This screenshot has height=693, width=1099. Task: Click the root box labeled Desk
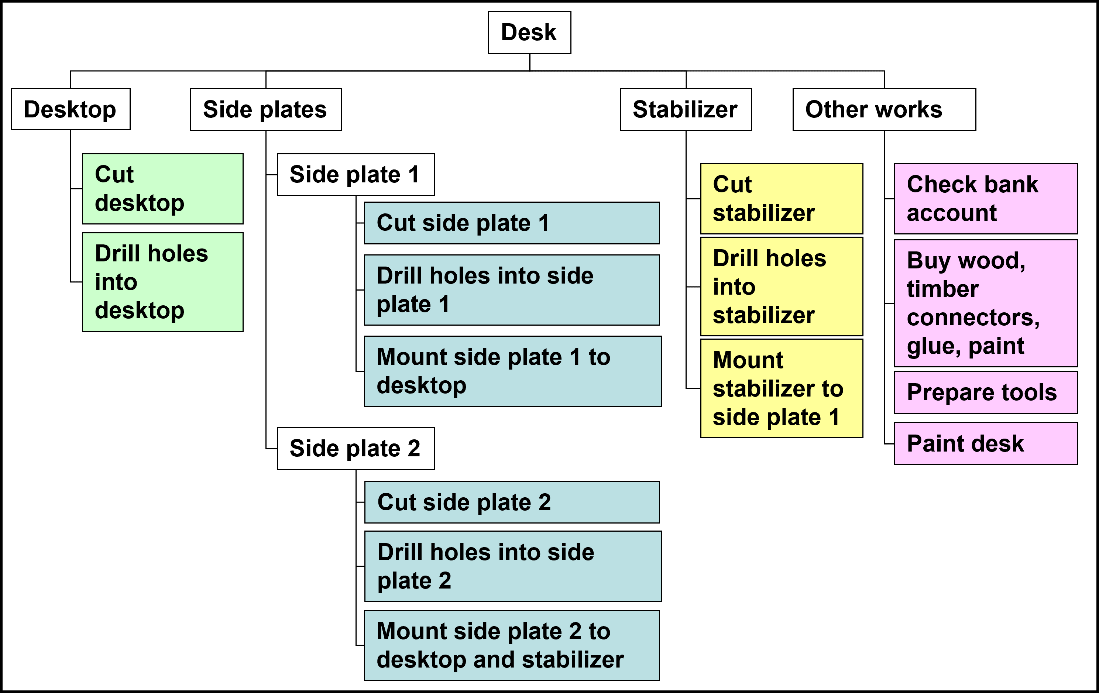(x=529, y=32)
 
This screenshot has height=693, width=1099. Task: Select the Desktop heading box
(x=71, y=109)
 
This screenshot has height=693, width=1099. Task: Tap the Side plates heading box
(x=266, y=110)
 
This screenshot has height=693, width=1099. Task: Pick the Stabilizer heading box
(x=686, y=110)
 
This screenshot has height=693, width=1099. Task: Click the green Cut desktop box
(x=162, y=189)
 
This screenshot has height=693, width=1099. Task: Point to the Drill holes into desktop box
(x=162, y=282)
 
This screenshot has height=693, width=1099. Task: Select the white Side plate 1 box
(x=356, y=174)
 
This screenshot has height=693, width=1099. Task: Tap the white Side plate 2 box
(x=356, y=448)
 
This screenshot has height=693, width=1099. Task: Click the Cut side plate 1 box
(x=512, y=223)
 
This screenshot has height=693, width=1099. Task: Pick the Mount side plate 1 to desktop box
(x=512, y=371)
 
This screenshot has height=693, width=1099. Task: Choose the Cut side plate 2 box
(x=512, y=502)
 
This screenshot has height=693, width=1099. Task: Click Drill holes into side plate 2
(x=512, y=566)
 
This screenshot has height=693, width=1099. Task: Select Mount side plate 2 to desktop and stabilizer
(x=512, y=645)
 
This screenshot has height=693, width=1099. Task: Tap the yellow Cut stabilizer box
(x=782, y=199)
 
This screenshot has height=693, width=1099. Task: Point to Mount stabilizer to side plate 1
(x=782, y=388)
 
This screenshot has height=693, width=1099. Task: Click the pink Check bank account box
(x=985, y=199)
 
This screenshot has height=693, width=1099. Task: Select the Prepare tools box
(x=985, y=392)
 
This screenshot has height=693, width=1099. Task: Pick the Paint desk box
(x=985, y=443)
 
